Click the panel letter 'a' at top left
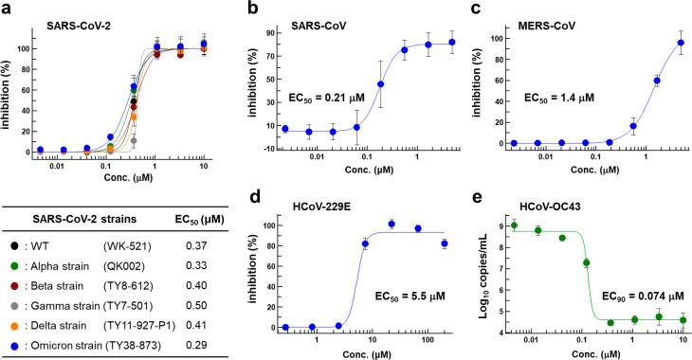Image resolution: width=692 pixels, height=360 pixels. pos(8,8)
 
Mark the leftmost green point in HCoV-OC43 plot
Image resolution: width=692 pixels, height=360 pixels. pos(513,225)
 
